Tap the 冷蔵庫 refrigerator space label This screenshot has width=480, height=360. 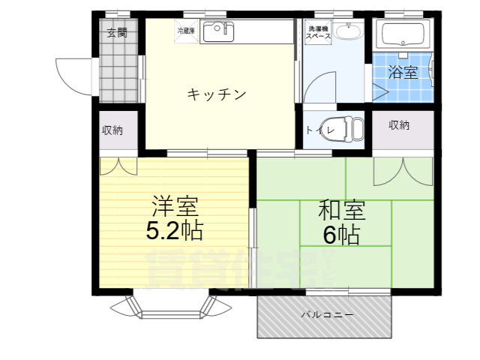[186, 31]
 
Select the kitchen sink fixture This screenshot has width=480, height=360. [218, 32]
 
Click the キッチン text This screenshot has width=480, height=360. [217, 94]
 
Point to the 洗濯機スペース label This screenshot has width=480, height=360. [318, 33]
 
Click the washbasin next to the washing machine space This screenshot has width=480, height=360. [346, 32]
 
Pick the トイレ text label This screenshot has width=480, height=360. [315, 130]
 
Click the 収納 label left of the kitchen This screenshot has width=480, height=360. [112, 130]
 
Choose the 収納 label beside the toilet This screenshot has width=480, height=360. [399, 125]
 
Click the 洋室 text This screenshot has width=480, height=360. [174, 205]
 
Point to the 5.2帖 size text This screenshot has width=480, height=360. [174, 230]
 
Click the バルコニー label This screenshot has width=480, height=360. [326, 316]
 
